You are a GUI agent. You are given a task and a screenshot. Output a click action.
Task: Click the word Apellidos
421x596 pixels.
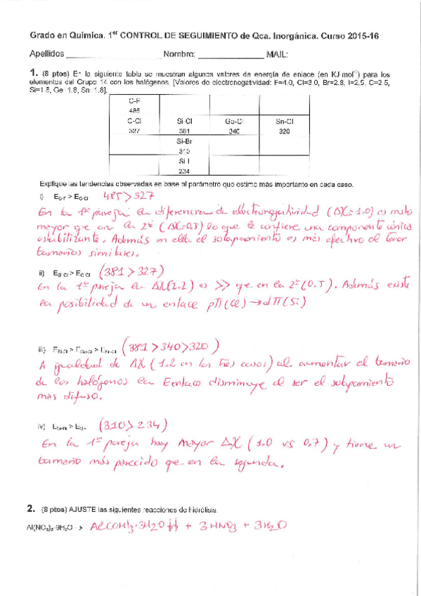point(47,54)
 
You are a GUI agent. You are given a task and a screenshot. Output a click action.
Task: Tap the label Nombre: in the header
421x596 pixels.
point(179,54)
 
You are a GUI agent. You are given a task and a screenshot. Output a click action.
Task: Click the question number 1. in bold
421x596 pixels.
point(32,72)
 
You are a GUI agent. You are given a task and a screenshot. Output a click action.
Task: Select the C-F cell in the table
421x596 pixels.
point(134,105)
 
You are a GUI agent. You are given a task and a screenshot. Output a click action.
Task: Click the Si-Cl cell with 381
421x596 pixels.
point(185,126)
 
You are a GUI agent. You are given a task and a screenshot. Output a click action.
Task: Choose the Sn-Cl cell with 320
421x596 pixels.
point(285,126)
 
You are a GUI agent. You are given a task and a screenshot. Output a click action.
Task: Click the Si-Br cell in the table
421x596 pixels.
point(185,146)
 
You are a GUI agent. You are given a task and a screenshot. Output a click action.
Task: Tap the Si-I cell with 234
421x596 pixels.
point(185,166)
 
